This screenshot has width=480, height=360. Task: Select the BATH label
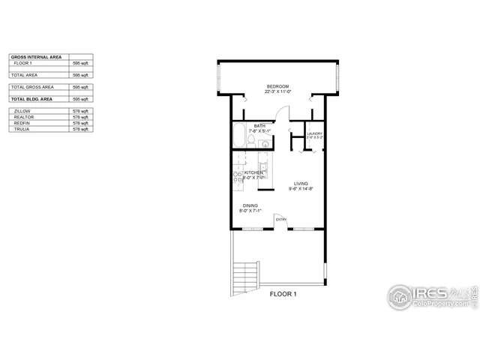pos(259,126)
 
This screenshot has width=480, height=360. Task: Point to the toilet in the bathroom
pos(253,139)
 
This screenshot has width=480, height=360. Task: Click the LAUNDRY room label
pos(314,133)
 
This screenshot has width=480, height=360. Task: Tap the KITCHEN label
pos(253,172)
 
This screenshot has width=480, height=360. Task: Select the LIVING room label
pos(301,184)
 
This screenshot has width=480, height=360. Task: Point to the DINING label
pos(250,205)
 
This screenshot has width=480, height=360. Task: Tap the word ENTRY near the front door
pos(281,220)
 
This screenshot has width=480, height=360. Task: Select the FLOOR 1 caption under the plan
pos(283,295)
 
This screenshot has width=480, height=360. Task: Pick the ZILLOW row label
pos(22,110)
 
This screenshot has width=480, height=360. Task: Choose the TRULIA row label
pos(22,130)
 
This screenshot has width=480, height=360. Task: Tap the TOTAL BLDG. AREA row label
pos(31,98)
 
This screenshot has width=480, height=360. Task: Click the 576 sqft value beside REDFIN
pos(80,123)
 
